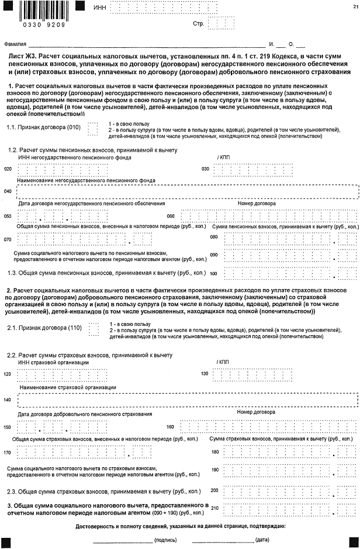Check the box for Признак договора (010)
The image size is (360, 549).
tap(92, 128)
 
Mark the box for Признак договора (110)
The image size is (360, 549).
tap(92, 329)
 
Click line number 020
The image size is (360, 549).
tap(8, 169)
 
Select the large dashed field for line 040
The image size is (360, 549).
tap(187, 192)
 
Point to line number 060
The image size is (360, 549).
tap(171, 216)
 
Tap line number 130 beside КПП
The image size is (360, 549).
tap(205, 374)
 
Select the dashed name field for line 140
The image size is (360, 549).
tap(187, 400)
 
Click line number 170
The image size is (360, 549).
tap(8, 452)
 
